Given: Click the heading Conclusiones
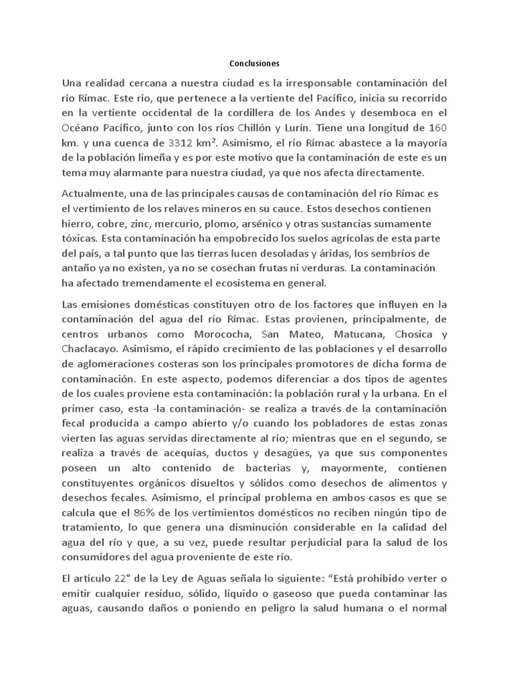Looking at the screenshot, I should (x=254, y=64).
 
